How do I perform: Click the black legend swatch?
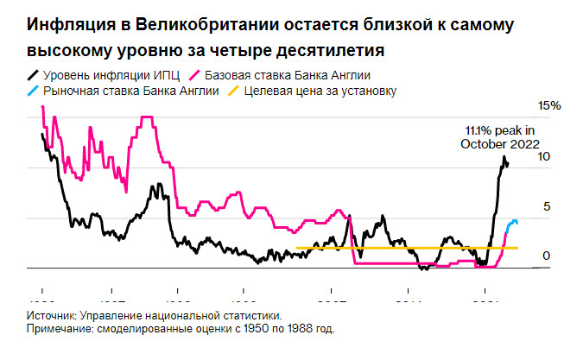click(35, 75)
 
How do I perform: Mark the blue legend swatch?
click(35, 91)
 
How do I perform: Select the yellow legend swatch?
click(233, 91)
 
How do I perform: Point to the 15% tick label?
click(549, 105)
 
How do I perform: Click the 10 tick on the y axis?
click(544, 157)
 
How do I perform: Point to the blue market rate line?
click(510, 226)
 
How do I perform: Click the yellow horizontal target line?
click(389, 248)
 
